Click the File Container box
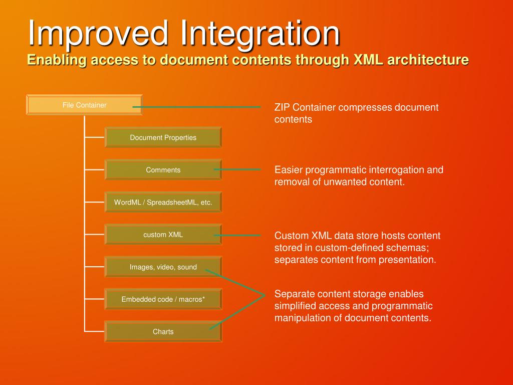click(84, 105)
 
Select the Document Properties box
click(163, 137)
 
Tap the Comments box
click(163, 170)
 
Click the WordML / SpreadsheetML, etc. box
click(163, 203)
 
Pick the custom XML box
click(163, 235)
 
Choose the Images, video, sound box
click(163, 267)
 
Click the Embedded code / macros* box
click(163, 299)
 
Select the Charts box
click(163, 331)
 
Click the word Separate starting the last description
click(294, 294)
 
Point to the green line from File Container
click(200, 107)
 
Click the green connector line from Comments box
click(238, 169)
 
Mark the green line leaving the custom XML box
click(238, 235)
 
